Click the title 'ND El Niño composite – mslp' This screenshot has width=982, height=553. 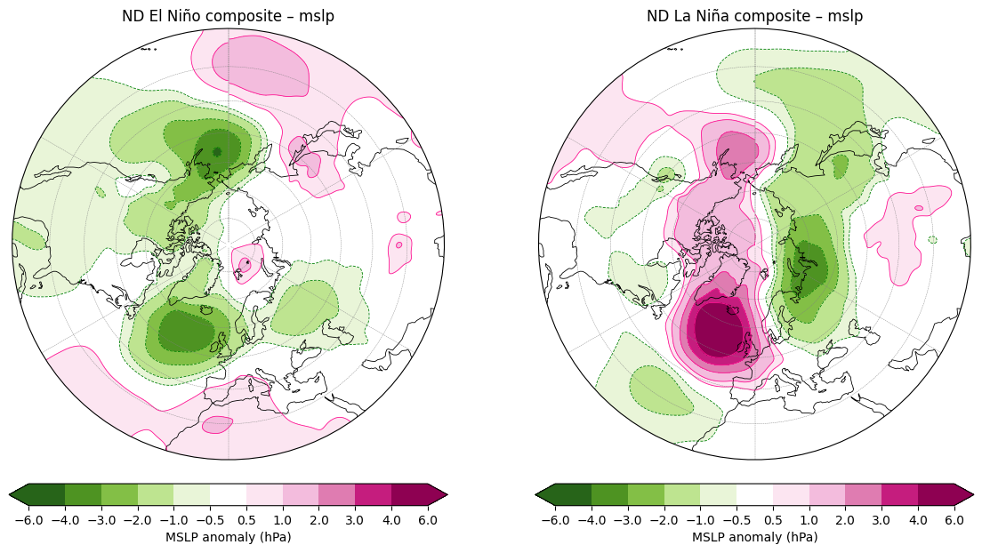[x=228, y=16]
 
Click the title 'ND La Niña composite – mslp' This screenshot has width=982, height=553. [x=754, y=16]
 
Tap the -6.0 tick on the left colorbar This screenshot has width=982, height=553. [x=28, y=520]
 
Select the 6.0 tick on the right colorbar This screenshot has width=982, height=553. [x=954, y=520]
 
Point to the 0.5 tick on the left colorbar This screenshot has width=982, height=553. [x=246, y=520]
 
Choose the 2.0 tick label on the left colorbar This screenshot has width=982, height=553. [x=318, y=520]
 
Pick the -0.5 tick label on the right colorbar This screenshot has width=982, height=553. [x=736, y=520]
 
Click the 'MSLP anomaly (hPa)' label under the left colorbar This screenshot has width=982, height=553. [x=228, y=537]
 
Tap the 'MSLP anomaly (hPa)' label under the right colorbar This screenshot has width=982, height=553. [x=754, y=537]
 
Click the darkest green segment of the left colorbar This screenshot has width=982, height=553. [x=46, y=494]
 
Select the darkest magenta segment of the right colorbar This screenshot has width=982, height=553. [x=937, y=494]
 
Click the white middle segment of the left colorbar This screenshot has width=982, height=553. [x=228, y=494]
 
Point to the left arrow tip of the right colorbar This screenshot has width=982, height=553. [x=536, y=494]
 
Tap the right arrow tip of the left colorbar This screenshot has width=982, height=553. [x=447, y=494]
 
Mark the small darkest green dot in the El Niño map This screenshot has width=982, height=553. [x=217, y=151]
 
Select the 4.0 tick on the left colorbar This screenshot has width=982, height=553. [x=391, y=520]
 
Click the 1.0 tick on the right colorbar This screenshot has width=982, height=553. [x=809, y=520]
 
